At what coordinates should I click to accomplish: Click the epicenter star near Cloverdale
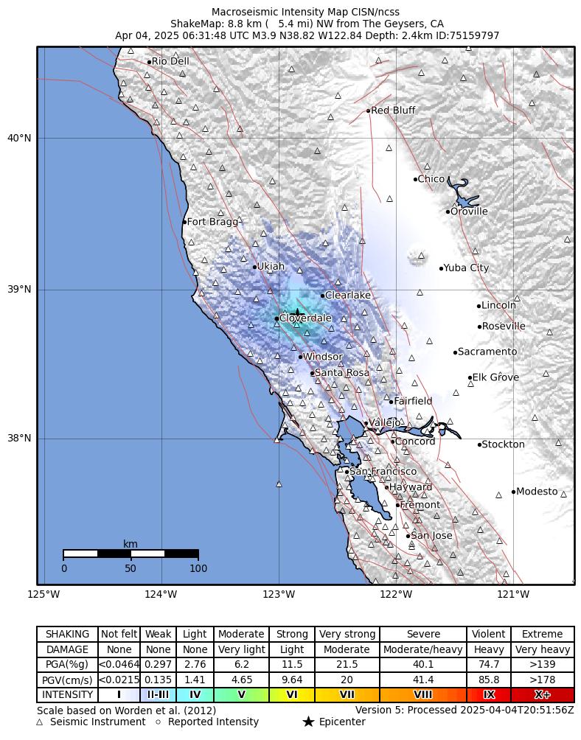[296, 313]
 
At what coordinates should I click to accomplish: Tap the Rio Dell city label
[170, 61]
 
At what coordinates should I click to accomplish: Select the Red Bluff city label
[393, 111]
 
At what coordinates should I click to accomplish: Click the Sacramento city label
[487, 352]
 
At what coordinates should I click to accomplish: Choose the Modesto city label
[537, 492]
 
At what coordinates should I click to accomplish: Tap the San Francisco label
[383, 472]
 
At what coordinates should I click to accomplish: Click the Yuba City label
[466, 268]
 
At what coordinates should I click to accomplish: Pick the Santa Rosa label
[342, 373]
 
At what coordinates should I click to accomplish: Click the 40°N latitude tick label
[20, 138]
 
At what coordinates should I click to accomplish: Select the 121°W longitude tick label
[513, 595]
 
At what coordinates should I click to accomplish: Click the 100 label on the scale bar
[198, 568]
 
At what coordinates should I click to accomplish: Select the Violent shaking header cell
[488, 634]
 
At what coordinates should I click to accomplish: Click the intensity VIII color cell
[423, 694]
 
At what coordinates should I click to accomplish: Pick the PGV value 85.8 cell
[488, 680]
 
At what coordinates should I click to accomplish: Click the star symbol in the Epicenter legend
[308, 722]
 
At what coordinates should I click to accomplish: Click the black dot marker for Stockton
[479, 444]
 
